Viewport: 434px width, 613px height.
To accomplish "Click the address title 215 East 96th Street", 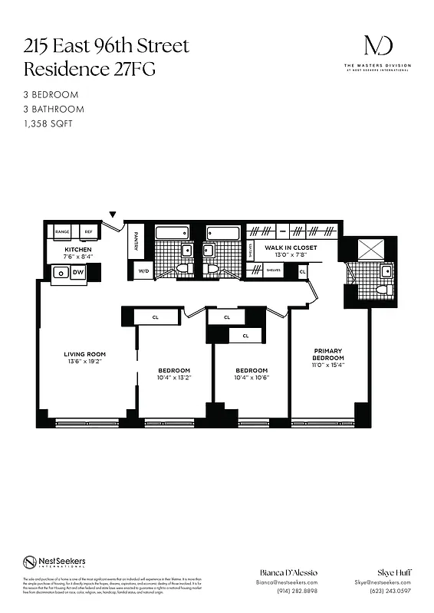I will click(106, 46).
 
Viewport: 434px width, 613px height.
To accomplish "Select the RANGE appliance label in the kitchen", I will click(62, 231).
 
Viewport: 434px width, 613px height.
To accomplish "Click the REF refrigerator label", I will click(88, 231).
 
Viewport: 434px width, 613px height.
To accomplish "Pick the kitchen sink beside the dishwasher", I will click(59, 271).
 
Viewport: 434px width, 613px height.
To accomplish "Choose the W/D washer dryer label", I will click(143, 271).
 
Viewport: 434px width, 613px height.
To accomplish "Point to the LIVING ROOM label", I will click(84, 354).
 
